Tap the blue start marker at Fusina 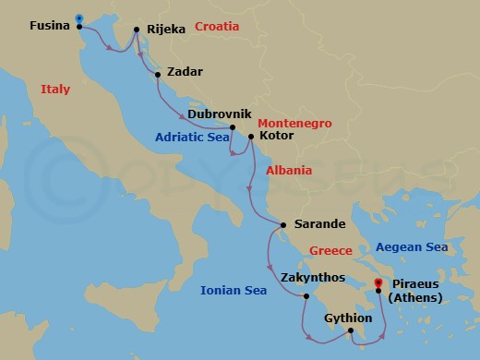tap(79, 18)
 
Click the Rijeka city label tap(165, 29)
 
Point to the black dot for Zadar tap(159, 74)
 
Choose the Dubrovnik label tap(220, 114)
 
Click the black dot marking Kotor tap(251, 136)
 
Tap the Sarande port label tap(319, 224)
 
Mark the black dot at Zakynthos tap(306, 296)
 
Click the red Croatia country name tap(217, 27)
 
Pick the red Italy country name tap(56, 89)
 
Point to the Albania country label tap(289, 171)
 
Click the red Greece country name tap(331, 250)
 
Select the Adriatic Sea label tap(192, 137)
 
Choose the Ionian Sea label tap(234, 291)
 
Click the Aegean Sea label tap(411, 247)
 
